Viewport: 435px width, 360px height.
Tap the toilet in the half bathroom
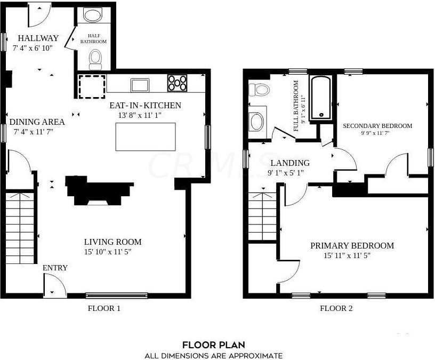click(x=95, y=58)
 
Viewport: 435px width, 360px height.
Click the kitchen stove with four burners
click(x=178, y=83)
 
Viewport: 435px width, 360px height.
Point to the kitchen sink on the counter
click(x=141, y=84)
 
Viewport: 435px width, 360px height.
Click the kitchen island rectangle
click(x=146, y=137)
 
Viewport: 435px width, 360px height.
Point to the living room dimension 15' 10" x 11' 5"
click(x=108, y=252)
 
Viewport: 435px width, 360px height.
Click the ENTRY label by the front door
click(x=55, y=268)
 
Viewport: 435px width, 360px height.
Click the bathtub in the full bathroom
click(x=321, y=97)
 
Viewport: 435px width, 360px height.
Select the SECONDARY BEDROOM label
click(x=377, y=126)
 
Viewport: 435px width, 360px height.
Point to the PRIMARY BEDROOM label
click(x=352, y=246)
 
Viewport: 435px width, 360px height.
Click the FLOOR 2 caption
click(x=336, y=308)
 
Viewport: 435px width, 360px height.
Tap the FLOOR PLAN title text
click(x=214, y=345)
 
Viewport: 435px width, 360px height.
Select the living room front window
click(x=117, y=295)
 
